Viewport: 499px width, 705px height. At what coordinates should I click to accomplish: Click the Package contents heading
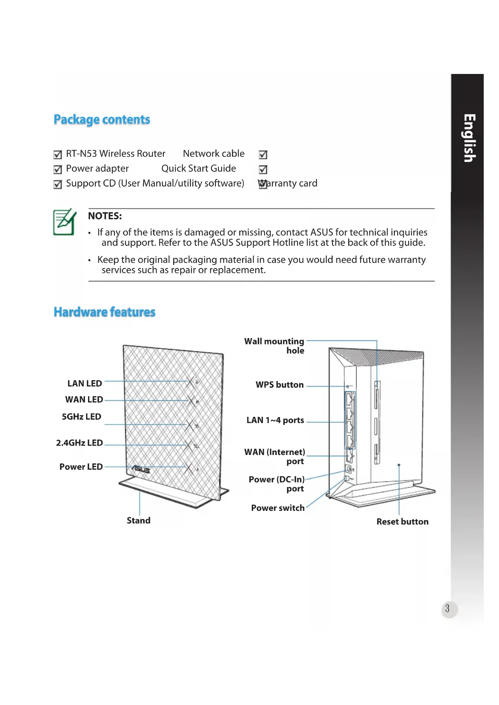click(102, 120)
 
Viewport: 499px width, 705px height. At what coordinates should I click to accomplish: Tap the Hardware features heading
click(105, 312)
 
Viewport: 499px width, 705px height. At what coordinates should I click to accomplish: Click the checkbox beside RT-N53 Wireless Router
click(58, 155)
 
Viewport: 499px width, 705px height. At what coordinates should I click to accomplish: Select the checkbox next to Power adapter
click(58, 170)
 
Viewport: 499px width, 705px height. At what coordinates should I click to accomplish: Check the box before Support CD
click(58, 184)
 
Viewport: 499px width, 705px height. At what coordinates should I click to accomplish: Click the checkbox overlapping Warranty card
click(263, 184)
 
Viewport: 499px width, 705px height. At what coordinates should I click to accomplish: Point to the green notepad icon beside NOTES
click(64, 222)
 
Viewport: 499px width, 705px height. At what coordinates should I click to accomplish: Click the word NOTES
click(105, 216)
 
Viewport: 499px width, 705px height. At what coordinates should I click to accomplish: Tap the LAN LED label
click(84, 383)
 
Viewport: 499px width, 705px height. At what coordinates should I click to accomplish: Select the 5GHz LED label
click(81, 417)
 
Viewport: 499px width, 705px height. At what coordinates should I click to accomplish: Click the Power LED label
click(81, 467)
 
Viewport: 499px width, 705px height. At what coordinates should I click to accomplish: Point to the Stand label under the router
click(138, 521)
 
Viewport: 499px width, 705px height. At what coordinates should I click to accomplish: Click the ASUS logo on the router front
click(141, 469)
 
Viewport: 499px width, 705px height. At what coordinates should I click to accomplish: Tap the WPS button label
click(279, 385)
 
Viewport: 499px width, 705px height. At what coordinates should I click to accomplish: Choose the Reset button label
click(402, 522)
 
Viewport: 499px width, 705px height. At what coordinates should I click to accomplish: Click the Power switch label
click(277, 508)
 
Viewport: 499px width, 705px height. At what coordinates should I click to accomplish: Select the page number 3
click(447, 609)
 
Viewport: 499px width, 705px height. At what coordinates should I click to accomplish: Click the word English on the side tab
click(469, 138)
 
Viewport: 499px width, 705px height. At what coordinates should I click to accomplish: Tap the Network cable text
click(214, 154)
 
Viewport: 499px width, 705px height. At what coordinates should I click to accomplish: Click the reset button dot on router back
click(399, 465)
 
